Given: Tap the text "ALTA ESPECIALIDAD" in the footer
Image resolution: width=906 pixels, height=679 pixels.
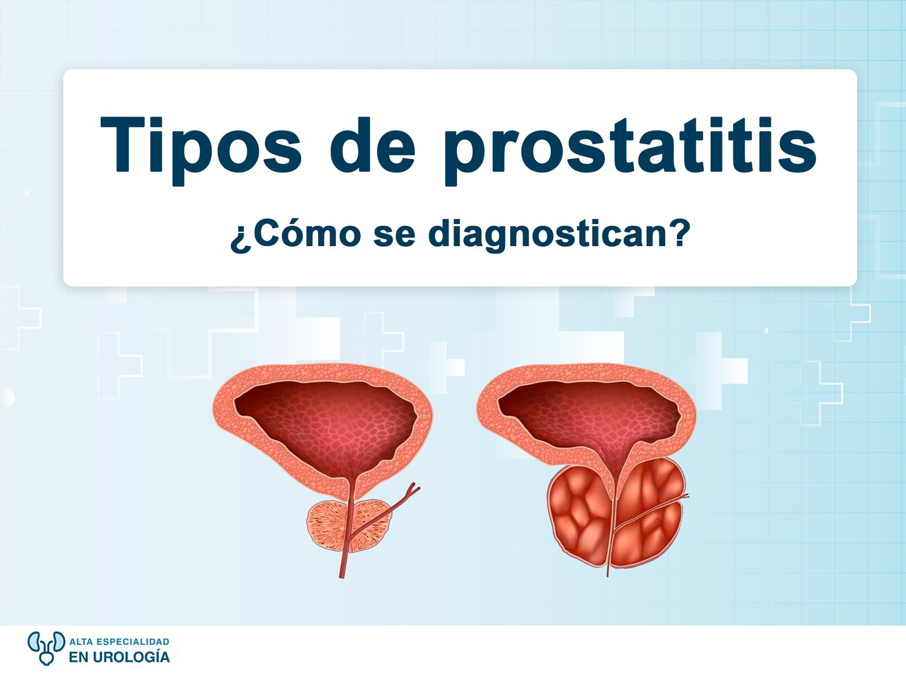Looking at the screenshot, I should tap(119, 642).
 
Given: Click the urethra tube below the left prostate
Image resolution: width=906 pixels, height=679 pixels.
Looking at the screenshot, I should tap(343, 563).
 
